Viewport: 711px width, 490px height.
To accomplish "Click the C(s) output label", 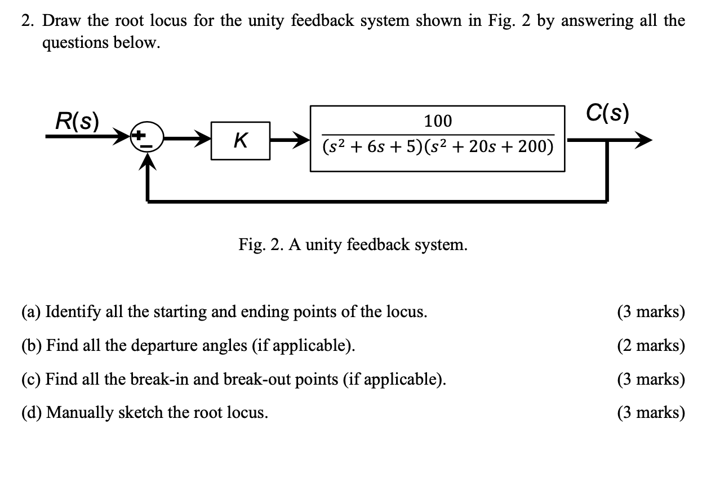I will (607, 113).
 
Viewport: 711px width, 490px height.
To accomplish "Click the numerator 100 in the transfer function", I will (438, 121).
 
